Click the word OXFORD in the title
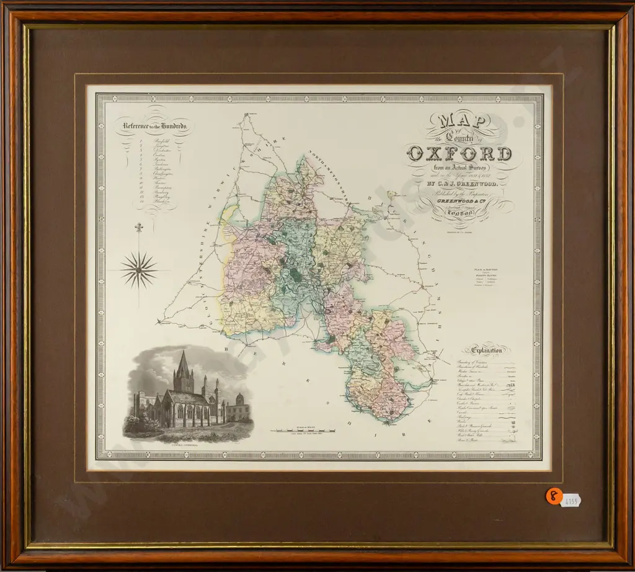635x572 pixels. click(x=460, y=153)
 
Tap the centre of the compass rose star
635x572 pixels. click(x=139, y=270)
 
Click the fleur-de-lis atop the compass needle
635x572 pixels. click(x=139, y=228)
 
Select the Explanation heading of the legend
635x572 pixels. click(x=487, y=350)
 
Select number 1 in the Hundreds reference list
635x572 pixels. click(x=143, y=142)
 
